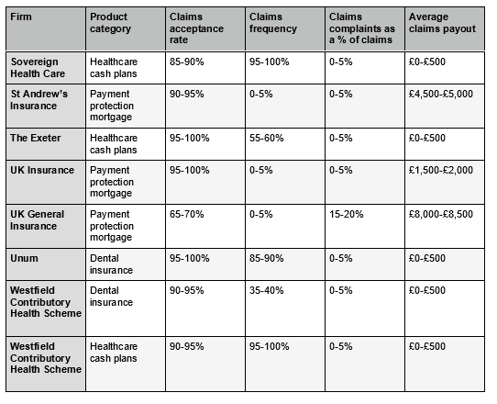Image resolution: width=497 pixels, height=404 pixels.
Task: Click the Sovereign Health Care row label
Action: pos(39,66)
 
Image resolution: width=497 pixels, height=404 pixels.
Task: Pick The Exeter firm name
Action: pos(35,138)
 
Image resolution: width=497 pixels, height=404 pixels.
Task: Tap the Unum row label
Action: pos(24,258)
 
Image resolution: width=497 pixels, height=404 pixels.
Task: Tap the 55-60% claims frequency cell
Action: pos(267,138)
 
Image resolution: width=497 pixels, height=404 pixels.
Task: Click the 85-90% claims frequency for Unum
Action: pos(267,258)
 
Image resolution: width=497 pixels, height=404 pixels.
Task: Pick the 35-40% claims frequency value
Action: pos(267,290)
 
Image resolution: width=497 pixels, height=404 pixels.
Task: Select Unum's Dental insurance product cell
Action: pos(111,264)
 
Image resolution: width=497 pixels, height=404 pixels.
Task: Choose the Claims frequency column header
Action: pos(272,23)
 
